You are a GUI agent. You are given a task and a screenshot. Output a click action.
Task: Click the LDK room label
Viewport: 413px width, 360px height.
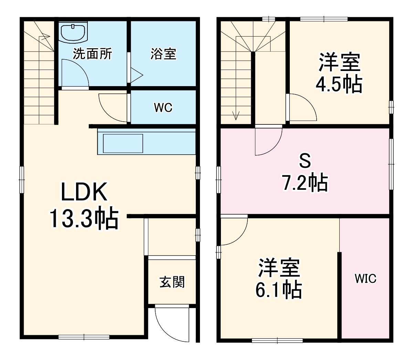pos(84,192)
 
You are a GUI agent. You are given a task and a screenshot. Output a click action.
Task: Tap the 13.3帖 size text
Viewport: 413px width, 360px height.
pos(84,218)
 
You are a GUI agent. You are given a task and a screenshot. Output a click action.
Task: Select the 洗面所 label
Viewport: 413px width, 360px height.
pos(93,54)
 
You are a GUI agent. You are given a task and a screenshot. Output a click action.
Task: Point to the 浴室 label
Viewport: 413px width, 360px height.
pos(163,54)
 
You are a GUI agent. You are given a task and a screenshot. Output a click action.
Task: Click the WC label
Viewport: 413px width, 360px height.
pos(163,107)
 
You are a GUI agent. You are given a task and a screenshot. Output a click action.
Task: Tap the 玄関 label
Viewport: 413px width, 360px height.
pos(172,282)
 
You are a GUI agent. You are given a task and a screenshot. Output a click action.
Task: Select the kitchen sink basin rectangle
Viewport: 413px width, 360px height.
pos(123,143)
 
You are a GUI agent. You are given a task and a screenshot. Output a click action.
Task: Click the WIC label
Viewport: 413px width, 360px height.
pos(366,279)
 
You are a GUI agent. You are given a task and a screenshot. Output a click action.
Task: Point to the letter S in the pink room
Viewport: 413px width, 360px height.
pos(305,161)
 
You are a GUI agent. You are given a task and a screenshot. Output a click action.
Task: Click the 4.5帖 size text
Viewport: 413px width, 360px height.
pos(339,84)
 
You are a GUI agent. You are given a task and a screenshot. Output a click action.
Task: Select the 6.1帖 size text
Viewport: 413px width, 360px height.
pos(278,290)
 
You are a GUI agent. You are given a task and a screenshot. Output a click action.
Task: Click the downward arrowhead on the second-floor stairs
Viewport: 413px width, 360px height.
pos(236,116)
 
